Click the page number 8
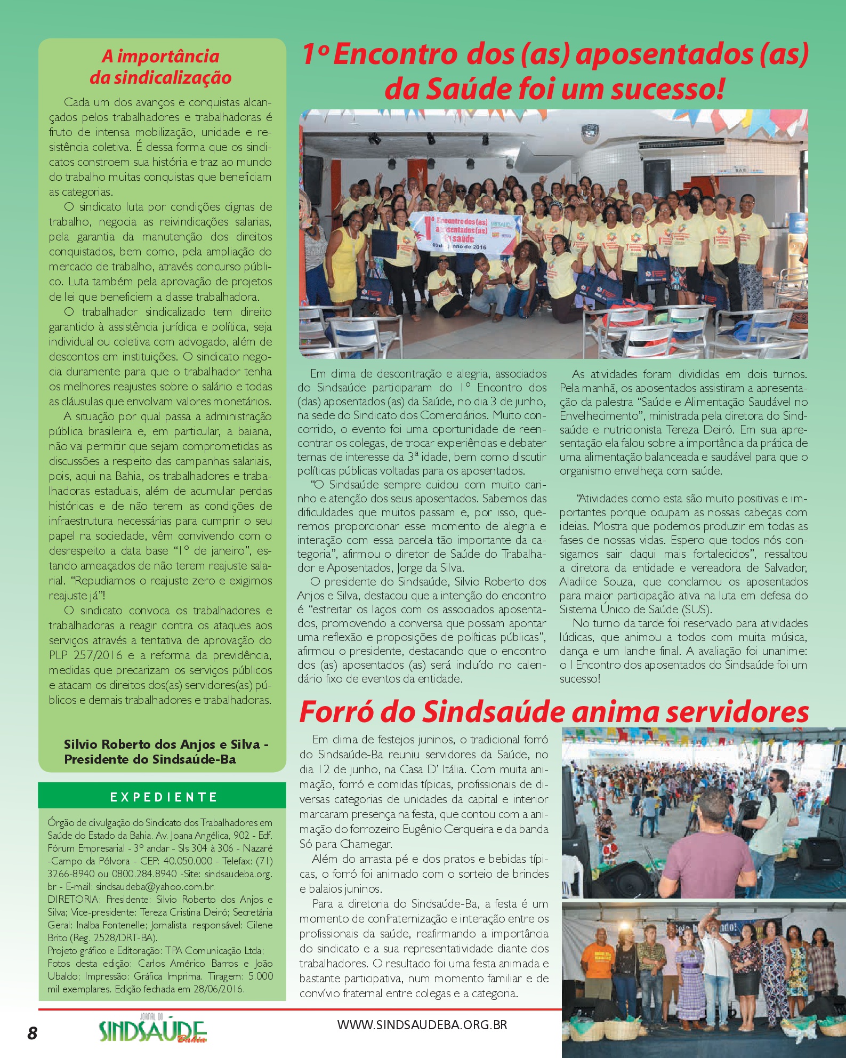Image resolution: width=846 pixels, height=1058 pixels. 33,1032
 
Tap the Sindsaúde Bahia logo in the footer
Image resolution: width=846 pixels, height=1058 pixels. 152,1030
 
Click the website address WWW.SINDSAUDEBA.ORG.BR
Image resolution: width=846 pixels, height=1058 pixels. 422,1025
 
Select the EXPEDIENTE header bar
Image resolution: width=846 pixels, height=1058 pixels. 162,797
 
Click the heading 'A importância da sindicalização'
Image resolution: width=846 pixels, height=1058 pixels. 160,67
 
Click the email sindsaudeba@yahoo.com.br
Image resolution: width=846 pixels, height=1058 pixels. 155,887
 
